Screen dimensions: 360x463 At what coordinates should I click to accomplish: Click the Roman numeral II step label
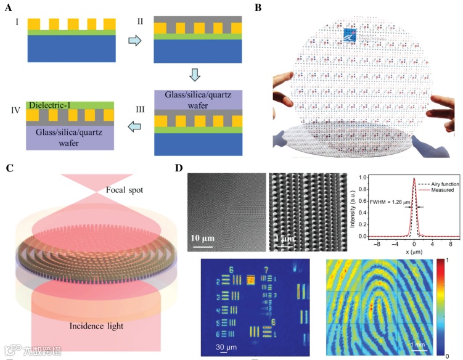click(141, 21)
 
